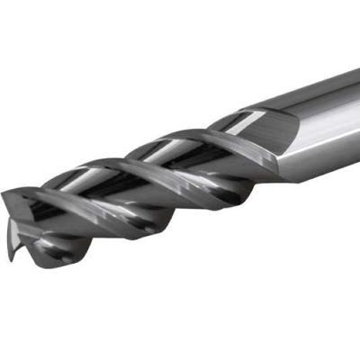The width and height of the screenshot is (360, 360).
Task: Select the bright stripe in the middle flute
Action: [162, 153]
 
